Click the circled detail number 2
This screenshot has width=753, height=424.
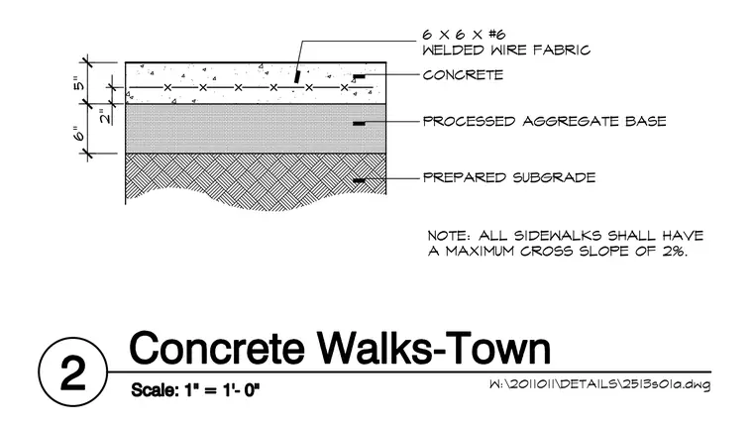(73, 372)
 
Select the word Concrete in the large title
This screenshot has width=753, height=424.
(217, 348)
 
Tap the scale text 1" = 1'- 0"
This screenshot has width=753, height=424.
(222, 390)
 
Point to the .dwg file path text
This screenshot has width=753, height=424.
(599, 384)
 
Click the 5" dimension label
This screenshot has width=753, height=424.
(78, 83)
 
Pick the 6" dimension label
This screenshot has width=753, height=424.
(78, 134)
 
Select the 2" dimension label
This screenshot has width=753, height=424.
(105, 116)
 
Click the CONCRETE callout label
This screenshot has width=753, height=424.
(463, 75)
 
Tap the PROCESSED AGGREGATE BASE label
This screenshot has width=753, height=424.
(545, 121)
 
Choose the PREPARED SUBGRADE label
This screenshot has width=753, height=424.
(509, 177)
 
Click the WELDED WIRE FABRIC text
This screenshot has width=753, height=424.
(506, 50)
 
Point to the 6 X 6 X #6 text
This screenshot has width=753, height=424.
(464, 35)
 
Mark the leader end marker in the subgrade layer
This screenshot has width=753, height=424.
(359, 180)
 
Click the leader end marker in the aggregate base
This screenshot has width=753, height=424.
(359, 124)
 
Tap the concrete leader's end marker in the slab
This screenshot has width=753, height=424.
(359, 76)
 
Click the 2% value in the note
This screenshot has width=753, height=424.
(675, 252)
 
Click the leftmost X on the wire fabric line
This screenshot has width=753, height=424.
(167, 87)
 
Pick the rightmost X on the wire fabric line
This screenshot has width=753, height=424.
(345, 87)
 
